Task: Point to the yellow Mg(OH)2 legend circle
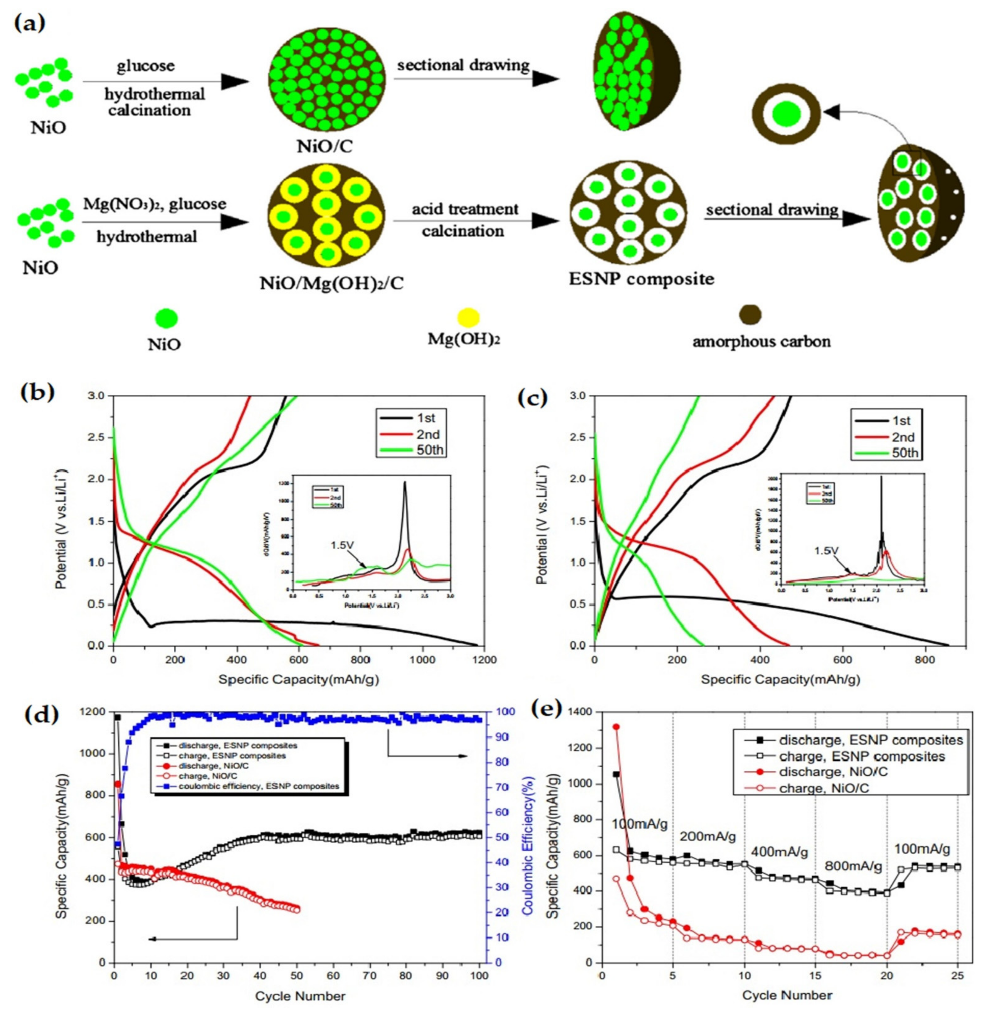click(x=468, y=317)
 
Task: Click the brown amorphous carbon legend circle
click(x=750, y=314)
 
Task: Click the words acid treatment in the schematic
click(x=465, y=209)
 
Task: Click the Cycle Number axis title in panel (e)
click(x=787, y=996)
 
